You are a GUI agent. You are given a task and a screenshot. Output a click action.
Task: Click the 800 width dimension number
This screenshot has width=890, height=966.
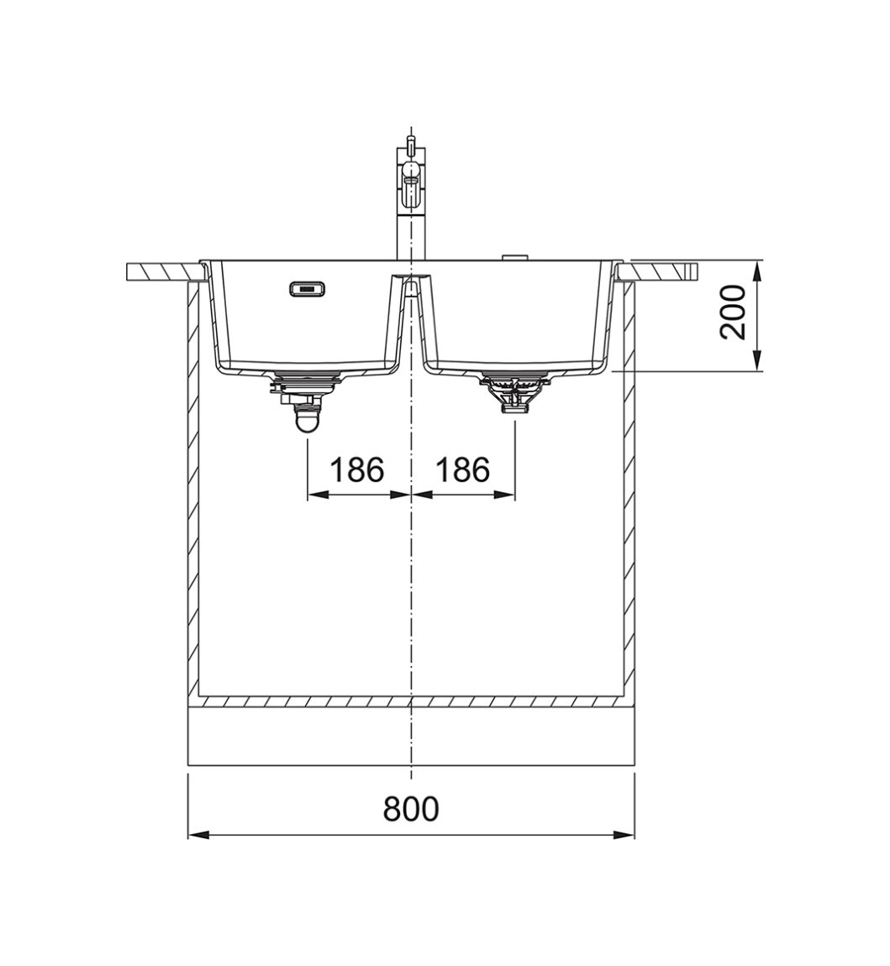tap(410, 809)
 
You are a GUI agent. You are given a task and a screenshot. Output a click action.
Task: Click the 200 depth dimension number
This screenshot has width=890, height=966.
tap(733, 312)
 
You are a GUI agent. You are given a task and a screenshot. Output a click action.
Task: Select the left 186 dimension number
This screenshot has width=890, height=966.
tap(357, 470)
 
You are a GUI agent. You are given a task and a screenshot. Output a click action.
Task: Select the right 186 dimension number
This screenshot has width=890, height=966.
tap(463, 470)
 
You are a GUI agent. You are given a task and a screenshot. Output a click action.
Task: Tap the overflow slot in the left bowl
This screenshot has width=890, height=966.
tap(306, 288)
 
